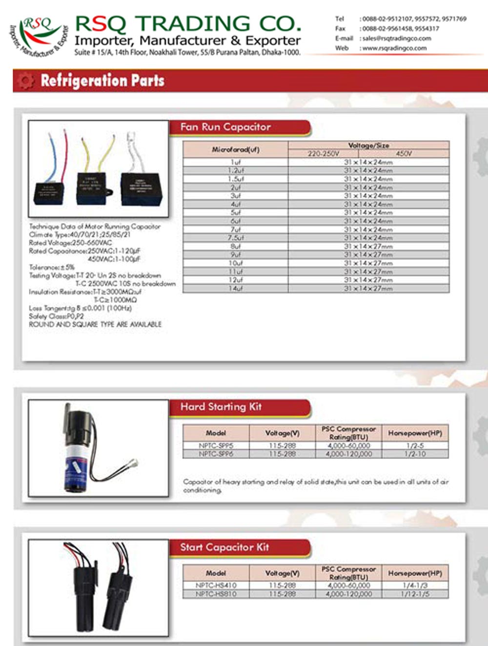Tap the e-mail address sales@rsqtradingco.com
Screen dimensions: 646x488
click(396, 38)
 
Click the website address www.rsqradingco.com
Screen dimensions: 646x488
click(394, 48)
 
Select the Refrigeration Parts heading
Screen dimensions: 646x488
click(102, 81)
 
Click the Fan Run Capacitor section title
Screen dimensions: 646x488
click(225, 127)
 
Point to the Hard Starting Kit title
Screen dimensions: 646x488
click(221, 406)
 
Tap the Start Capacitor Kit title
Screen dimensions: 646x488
click(224, 547)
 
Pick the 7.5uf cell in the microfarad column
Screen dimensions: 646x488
click(236, 238)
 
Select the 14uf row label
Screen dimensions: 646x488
click(236, 288)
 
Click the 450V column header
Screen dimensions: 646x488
click(404, 153)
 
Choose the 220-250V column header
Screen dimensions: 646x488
click(323, 153)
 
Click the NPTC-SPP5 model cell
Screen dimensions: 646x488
click(216, 445)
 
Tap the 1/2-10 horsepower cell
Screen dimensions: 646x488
click(415, 454)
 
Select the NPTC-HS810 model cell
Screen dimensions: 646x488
click(216, 594)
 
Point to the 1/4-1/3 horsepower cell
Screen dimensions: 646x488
click(415, 585)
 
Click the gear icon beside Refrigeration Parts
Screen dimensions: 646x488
click(25, 81)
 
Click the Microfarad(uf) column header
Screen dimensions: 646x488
click(236, 150)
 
